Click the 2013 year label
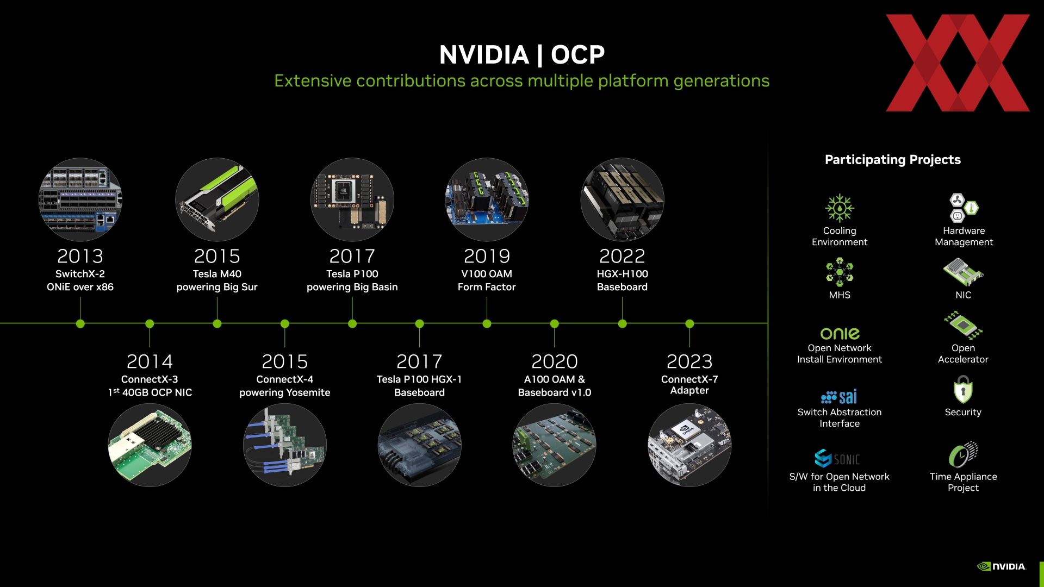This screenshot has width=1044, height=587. [80, 256]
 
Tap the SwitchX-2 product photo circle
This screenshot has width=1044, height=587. [80, 199]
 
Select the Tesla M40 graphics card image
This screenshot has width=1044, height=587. [217, 199]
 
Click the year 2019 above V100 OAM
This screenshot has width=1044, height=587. [487, 256]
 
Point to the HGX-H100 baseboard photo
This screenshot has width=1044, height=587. [622, 199]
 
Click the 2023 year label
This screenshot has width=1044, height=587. [689, 361]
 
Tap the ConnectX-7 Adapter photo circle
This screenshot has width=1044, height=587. [689, 445]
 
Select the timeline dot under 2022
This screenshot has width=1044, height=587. [622, 324]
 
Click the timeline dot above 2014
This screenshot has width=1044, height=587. [150, 324]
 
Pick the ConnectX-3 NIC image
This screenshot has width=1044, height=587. [150, 445]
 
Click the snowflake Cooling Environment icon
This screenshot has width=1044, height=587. [840, 208]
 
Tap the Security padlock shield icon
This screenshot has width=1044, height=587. [963, 390]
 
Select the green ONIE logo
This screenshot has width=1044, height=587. [840, 333]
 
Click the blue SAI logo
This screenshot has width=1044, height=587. [839, 397]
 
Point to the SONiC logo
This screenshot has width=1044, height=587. [837, 459]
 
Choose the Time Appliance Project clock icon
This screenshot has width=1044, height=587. [963, 455]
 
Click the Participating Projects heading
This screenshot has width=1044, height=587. [893, 160]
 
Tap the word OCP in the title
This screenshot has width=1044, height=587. [578, 54]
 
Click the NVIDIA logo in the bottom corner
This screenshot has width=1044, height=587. [1002, 566]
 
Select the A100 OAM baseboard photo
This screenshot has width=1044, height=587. [554, 445]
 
